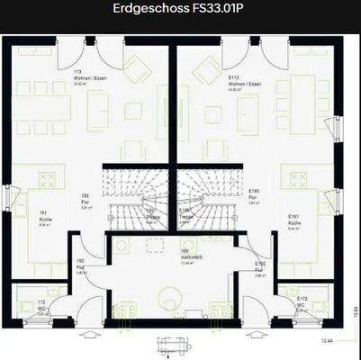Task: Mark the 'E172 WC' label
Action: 302,303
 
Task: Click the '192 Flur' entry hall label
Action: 80,265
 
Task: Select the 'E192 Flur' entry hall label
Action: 260,267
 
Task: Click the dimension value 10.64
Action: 355,311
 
